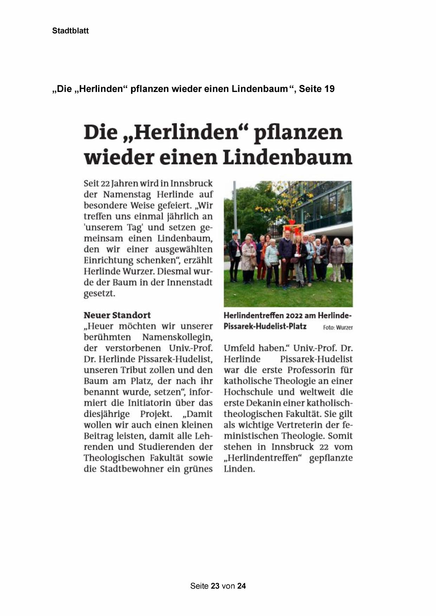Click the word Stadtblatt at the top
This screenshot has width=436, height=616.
click(x=70, y=31)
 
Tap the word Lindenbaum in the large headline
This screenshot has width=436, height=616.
click(x=287, y=158)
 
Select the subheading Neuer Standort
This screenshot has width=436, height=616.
click(x=117, y=315)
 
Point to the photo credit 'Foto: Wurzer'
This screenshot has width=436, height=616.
click(x=338, y=327)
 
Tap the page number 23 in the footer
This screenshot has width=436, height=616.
click(x=215, y=586)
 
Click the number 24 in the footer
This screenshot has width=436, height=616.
click(x=242, y=586)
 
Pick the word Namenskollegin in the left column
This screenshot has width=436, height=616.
click(x=177, y=337)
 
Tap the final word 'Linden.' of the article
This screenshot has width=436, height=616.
click(x=239, y=469)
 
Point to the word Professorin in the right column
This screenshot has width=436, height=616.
click(x=309, y=370)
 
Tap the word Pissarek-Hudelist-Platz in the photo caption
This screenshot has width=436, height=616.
click(x=265, y=327)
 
